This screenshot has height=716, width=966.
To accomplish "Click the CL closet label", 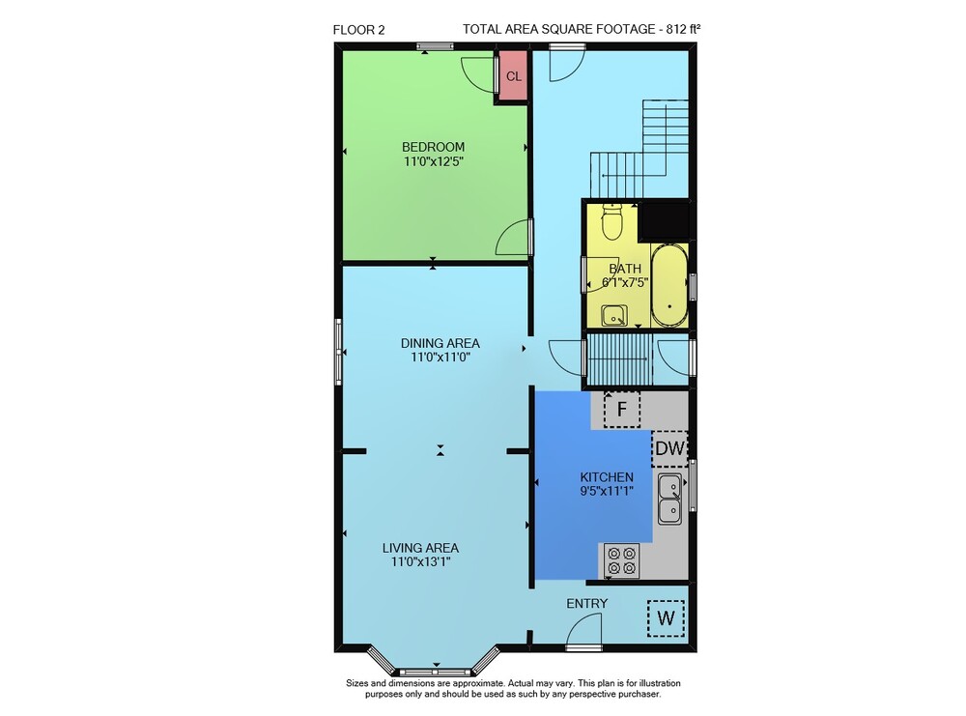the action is click(x=514, y=76).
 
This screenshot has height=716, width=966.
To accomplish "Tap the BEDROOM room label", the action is click(x=433, y=147).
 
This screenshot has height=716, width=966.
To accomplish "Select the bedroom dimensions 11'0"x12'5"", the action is click(x=433, y=161).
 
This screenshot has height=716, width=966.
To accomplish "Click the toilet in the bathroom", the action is click(x=611, y=222).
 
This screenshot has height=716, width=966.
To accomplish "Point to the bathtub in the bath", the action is click(x=669, y=285).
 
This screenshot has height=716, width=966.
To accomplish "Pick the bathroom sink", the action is click(x=614, y=315).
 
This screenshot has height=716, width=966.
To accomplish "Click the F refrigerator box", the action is click(x=621, y=409).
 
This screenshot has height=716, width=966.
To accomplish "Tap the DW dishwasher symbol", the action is click(x=669, y=448).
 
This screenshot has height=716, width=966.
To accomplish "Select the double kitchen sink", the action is click(x=669, y=499).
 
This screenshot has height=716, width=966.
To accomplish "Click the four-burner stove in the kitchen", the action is click(x=621, y=560).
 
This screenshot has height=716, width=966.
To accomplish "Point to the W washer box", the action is click(x=666, y=618).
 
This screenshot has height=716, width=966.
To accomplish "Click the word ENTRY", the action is click(x=587, y=603).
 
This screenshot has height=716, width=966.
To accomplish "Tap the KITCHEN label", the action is click(x=607, y=477).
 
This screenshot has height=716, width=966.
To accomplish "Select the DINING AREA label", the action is click(x=440, y=343).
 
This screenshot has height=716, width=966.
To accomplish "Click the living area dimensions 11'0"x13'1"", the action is click(x=421, y=561).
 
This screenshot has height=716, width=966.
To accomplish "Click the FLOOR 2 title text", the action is click(x=358, y=30).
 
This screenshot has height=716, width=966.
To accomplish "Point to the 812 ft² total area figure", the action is click(x=684, y=28).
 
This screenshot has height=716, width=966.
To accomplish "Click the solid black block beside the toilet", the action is click(x=665, y=220).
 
